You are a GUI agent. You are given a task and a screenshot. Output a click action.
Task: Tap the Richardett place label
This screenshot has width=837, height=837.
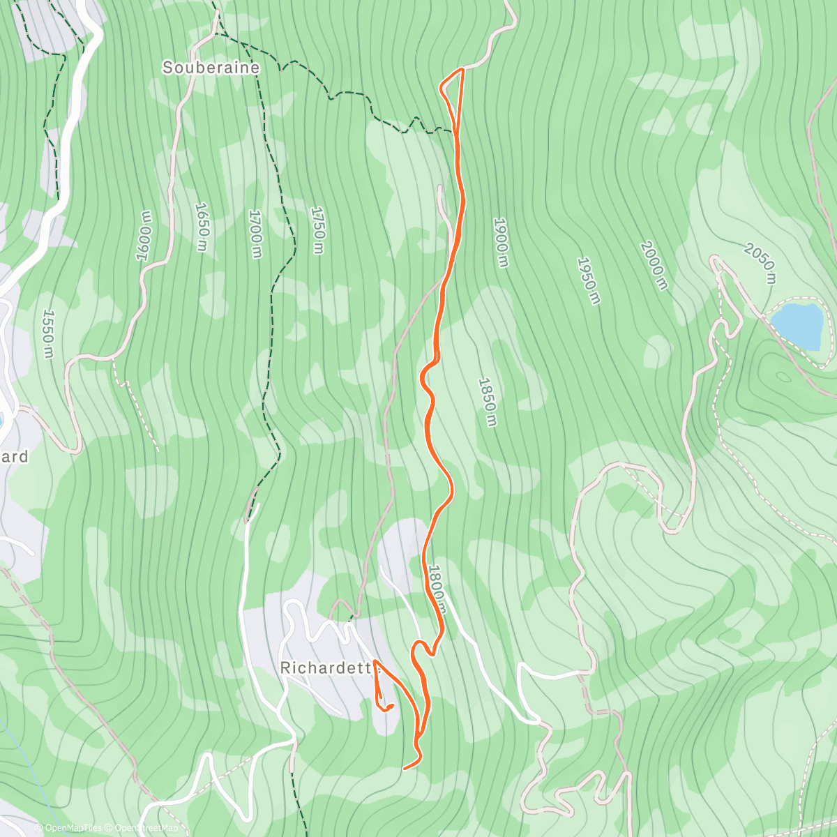[x=325, y=668]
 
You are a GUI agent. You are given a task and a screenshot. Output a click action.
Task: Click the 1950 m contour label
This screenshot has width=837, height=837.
[x=588, y=280]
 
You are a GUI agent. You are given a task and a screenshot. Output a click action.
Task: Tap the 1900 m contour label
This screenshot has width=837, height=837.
[x=501, y=243]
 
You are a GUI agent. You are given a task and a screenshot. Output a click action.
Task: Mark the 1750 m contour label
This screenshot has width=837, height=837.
[x=318, y=231]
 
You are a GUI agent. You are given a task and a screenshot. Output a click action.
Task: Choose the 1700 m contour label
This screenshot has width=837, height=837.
[x=255, y=234]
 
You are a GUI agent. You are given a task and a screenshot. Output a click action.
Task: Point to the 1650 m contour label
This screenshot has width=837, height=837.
[x=202, y=227]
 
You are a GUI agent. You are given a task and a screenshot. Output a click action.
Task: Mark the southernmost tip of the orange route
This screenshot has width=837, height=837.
[x=405, y=769]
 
